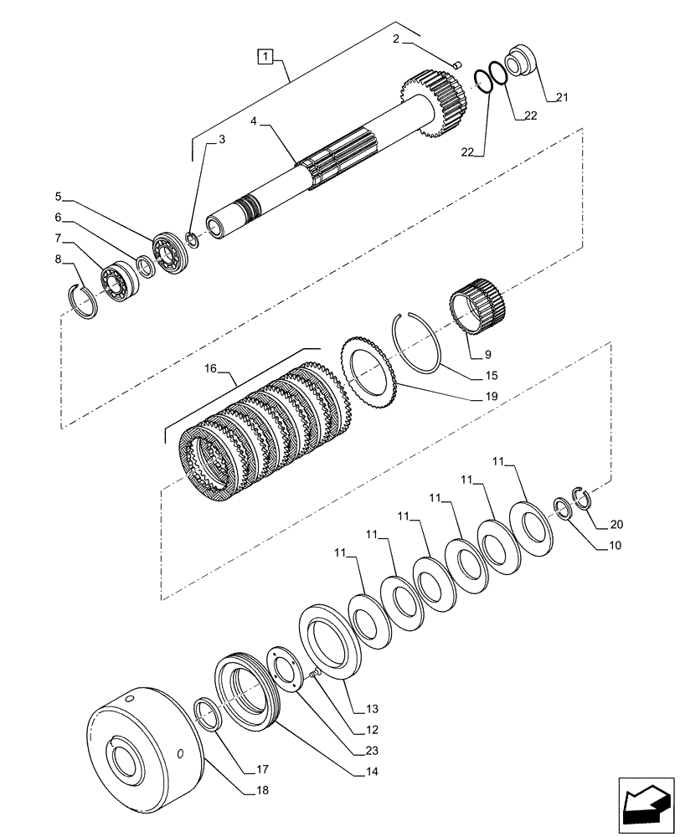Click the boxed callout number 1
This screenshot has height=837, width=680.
pyautogui.click(x=265, y=57)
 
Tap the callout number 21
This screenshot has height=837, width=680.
pyautogui.click(x=560, y=98)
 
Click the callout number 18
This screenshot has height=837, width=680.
pyautogui.click(x=262, y=789)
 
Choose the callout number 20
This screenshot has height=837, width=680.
pyautogui.click(x=616, y=525)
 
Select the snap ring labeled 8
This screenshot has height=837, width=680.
pyautogui.click(x=84, y=300)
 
